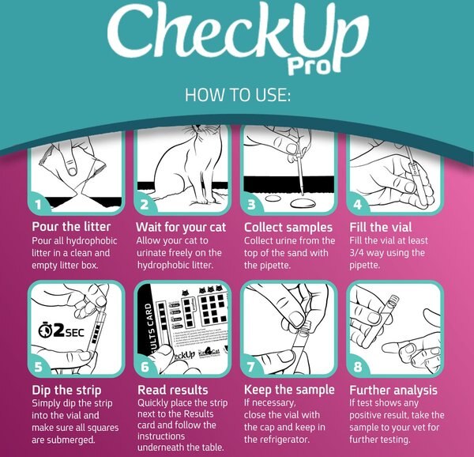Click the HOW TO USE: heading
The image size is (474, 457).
[237, 96]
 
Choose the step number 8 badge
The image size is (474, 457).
[357, 367]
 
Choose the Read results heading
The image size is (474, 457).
[173, 391]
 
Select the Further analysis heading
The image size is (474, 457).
[393, 391]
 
